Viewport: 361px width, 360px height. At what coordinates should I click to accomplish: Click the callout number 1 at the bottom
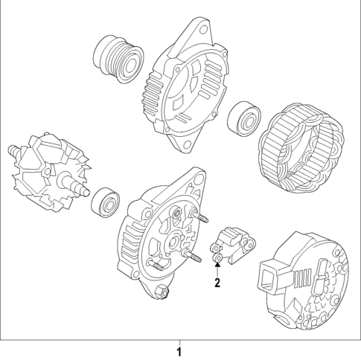point(179,350)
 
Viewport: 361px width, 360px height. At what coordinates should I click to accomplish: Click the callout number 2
point(217,283)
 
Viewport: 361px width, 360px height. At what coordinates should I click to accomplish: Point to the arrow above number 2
point(217,266)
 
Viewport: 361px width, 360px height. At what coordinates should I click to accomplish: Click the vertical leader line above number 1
point(179,341)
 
